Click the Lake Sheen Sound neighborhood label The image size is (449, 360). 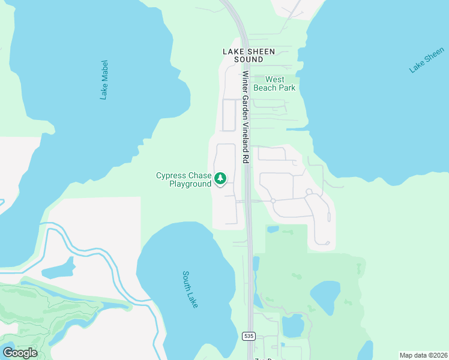tap(249, 55)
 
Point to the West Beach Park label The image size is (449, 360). tap(274, 83)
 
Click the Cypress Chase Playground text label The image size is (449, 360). tap(183, 179)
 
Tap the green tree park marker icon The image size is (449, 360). tap(220, 178)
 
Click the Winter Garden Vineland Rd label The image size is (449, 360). tap(246, 118)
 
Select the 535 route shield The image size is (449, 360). tap(250, 335)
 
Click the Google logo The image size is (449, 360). tap(20, 353)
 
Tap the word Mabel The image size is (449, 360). tap(103, 72)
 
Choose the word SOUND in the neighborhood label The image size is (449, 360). tap(249, 59)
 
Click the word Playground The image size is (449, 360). tap(190, 184)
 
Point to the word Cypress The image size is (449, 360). tap(170, 175)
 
